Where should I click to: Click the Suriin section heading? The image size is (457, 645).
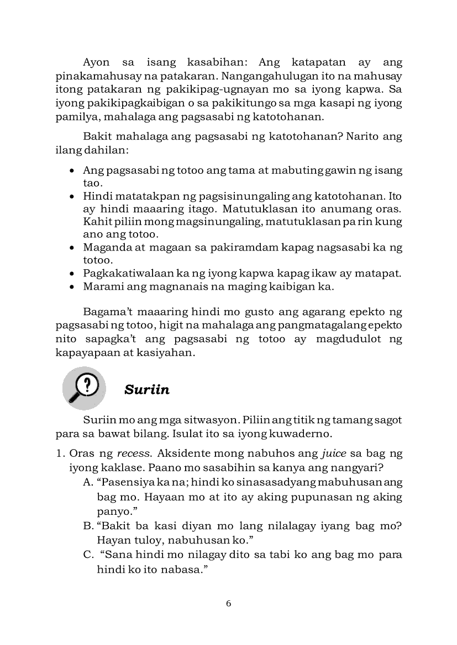(x=147, y=390)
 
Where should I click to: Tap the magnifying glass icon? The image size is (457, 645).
(x=84, y=387)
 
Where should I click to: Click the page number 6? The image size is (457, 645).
(x=229, y=603)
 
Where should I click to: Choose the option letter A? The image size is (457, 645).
(x=87, y=482)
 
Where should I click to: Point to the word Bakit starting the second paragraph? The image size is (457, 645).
(x=97, y=136)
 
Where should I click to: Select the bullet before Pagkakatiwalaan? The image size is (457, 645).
(x=72, y=273)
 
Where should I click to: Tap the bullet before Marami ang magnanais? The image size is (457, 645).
(x=72, y=286)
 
